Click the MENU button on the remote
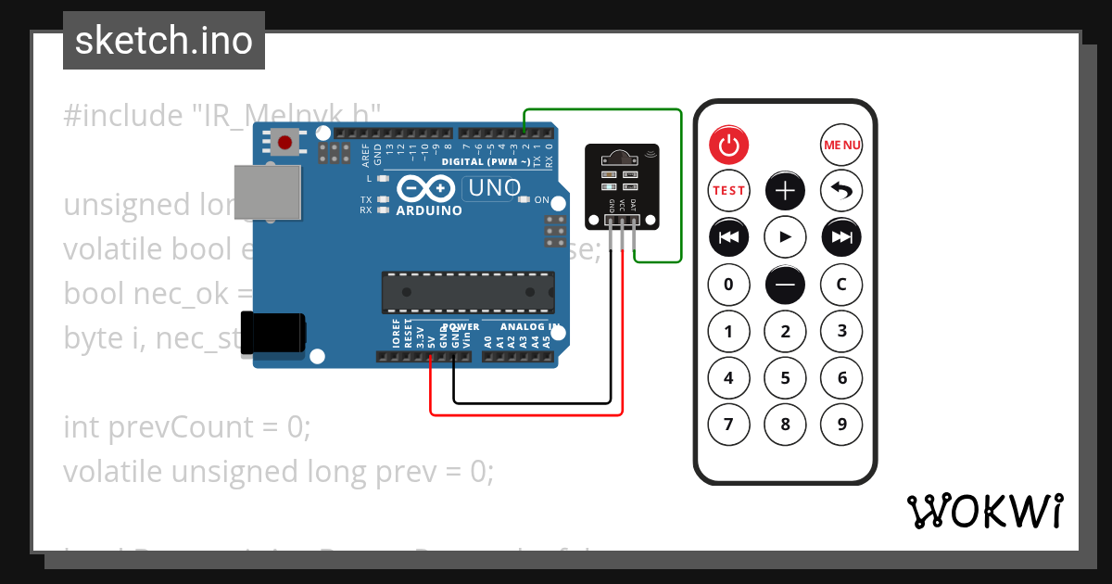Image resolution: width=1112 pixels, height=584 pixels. (x=841, y=145)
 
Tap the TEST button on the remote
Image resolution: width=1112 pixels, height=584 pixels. (x=728, y=191)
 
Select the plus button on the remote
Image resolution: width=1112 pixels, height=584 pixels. (x=785, y=191)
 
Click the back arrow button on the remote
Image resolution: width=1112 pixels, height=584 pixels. (x=841, y=191)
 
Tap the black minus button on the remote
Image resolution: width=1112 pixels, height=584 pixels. (x=785, y=285)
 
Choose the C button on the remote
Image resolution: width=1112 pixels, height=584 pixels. (x=841, y=285)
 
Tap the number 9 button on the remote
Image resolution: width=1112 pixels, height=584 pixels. (x=841, y=425)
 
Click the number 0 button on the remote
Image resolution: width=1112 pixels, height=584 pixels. (x=728, y=285)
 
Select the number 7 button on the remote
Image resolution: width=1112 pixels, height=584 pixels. (x=728, y=425)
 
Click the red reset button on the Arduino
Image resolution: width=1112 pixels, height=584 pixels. (x=285, y=143)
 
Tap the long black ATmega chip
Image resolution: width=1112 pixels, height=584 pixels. (x=469, y=292)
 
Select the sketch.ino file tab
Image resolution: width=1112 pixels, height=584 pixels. (x=164, y=41)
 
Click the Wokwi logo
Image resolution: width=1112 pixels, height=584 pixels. (x=984, y=511)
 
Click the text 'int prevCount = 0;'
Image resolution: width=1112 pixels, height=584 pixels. (x=186, y=427)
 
